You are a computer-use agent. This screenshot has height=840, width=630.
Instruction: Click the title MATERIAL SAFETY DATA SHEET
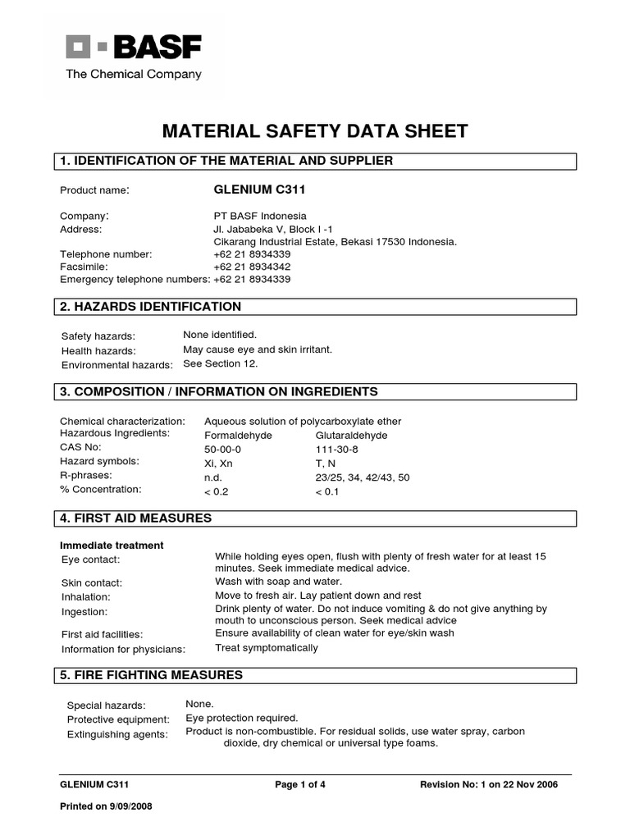click(315, 131)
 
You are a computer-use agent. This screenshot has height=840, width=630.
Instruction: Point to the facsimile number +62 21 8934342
click(252, 267)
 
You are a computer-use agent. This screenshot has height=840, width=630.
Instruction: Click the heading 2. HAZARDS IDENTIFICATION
click(151, 307)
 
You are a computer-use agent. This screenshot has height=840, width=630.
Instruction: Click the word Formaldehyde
click(238, 436)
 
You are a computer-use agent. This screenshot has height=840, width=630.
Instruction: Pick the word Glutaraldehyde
click(351, 436)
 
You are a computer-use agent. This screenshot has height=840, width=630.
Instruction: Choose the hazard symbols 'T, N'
click(326, 463)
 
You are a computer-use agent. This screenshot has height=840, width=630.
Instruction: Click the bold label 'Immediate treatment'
click(112, 545)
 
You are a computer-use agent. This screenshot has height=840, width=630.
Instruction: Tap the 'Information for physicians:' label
click(124, 649)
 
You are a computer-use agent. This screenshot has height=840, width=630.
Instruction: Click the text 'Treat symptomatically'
click(266, 648)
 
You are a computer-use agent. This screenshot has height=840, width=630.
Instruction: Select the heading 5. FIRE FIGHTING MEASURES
click(152, 675)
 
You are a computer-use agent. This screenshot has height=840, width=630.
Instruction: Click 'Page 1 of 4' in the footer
click(300, 784)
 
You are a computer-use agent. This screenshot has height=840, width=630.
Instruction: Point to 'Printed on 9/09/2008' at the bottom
click(107, 806)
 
